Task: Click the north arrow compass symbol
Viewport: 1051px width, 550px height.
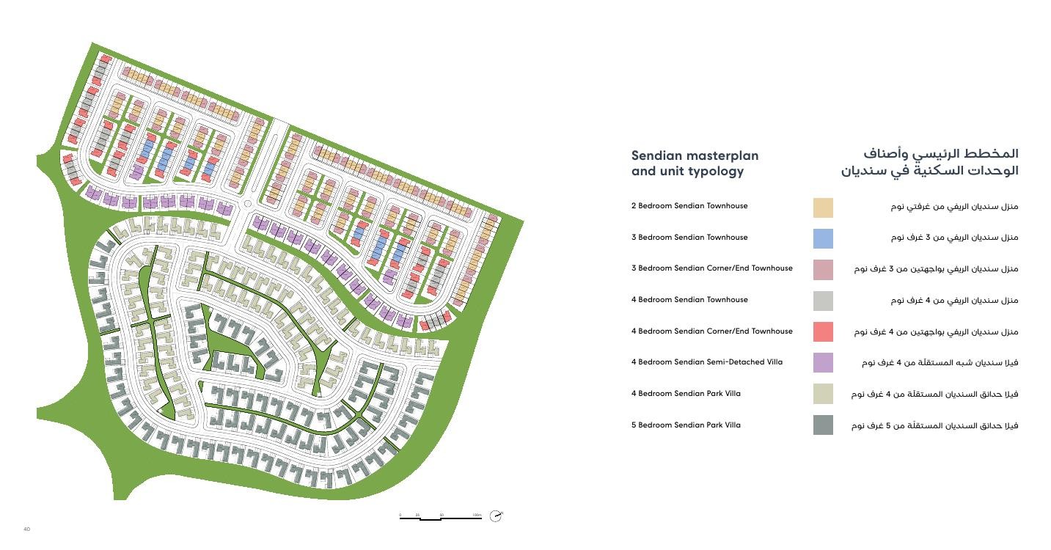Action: point(496,516)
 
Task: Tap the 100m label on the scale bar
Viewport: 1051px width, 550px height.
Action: point(477,515)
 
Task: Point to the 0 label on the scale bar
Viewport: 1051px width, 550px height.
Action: point(400,515)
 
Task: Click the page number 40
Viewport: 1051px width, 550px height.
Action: point(26,529)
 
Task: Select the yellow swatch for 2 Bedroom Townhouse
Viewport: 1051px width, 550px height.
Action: point(823,208)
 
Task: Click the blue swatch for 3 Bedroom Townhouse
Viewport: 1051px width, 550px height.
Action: point(823,238)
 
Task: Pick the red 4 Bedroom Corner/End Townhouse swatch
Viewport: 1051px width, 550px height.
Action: point(823,331)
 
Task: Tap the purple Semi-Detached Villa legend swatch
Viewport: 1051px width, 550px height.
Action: point(823,362)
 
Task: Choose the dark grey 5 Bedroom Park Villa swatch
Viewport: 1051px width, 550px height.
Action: point(823,425)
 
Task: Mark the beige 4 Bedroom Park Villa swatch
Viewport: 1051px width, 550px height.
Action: point(823,394)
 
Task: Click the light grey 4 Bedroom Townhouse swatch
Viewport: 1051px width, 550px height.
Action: point(823,301)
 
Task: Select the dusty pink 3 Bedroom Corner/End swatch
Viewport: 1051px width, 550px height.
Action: point(823,270)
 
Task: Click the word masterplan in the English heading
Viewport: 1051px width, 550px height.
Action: point(722,155)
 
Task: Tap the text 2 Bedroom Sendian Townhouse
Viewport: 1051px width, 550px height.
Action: point(689,206)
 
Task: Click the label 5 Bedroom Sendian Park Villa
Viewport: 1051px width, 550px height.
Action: point(686,425)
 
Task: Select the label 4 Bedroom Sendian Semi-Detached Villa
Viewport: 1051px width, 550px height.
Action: point(706,362)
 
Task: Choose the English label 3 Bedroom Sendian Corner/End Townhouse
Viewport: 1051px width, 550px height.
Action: point(711,268)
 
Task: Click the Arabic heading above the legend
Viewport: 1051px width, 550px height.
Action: point(930,162)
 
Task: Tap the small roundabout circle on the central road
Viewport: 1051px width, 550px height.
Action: point(247,204)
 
